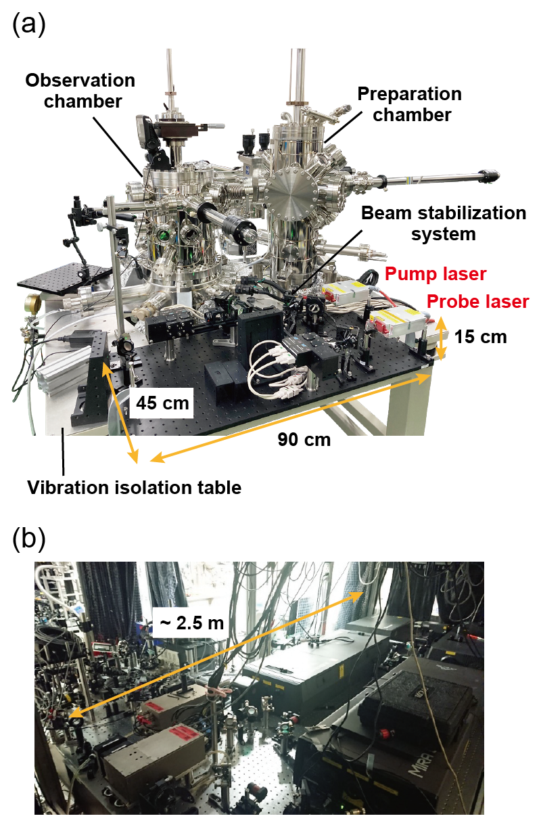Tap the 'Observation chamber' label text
tap(80, 91)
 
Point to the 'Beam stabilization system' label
tap(443, 223)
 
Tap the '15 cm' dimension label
tap(480, 336)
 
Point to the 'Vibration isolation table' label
tap(135, 487)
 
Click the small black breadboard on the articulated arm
tap(64, 275)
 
